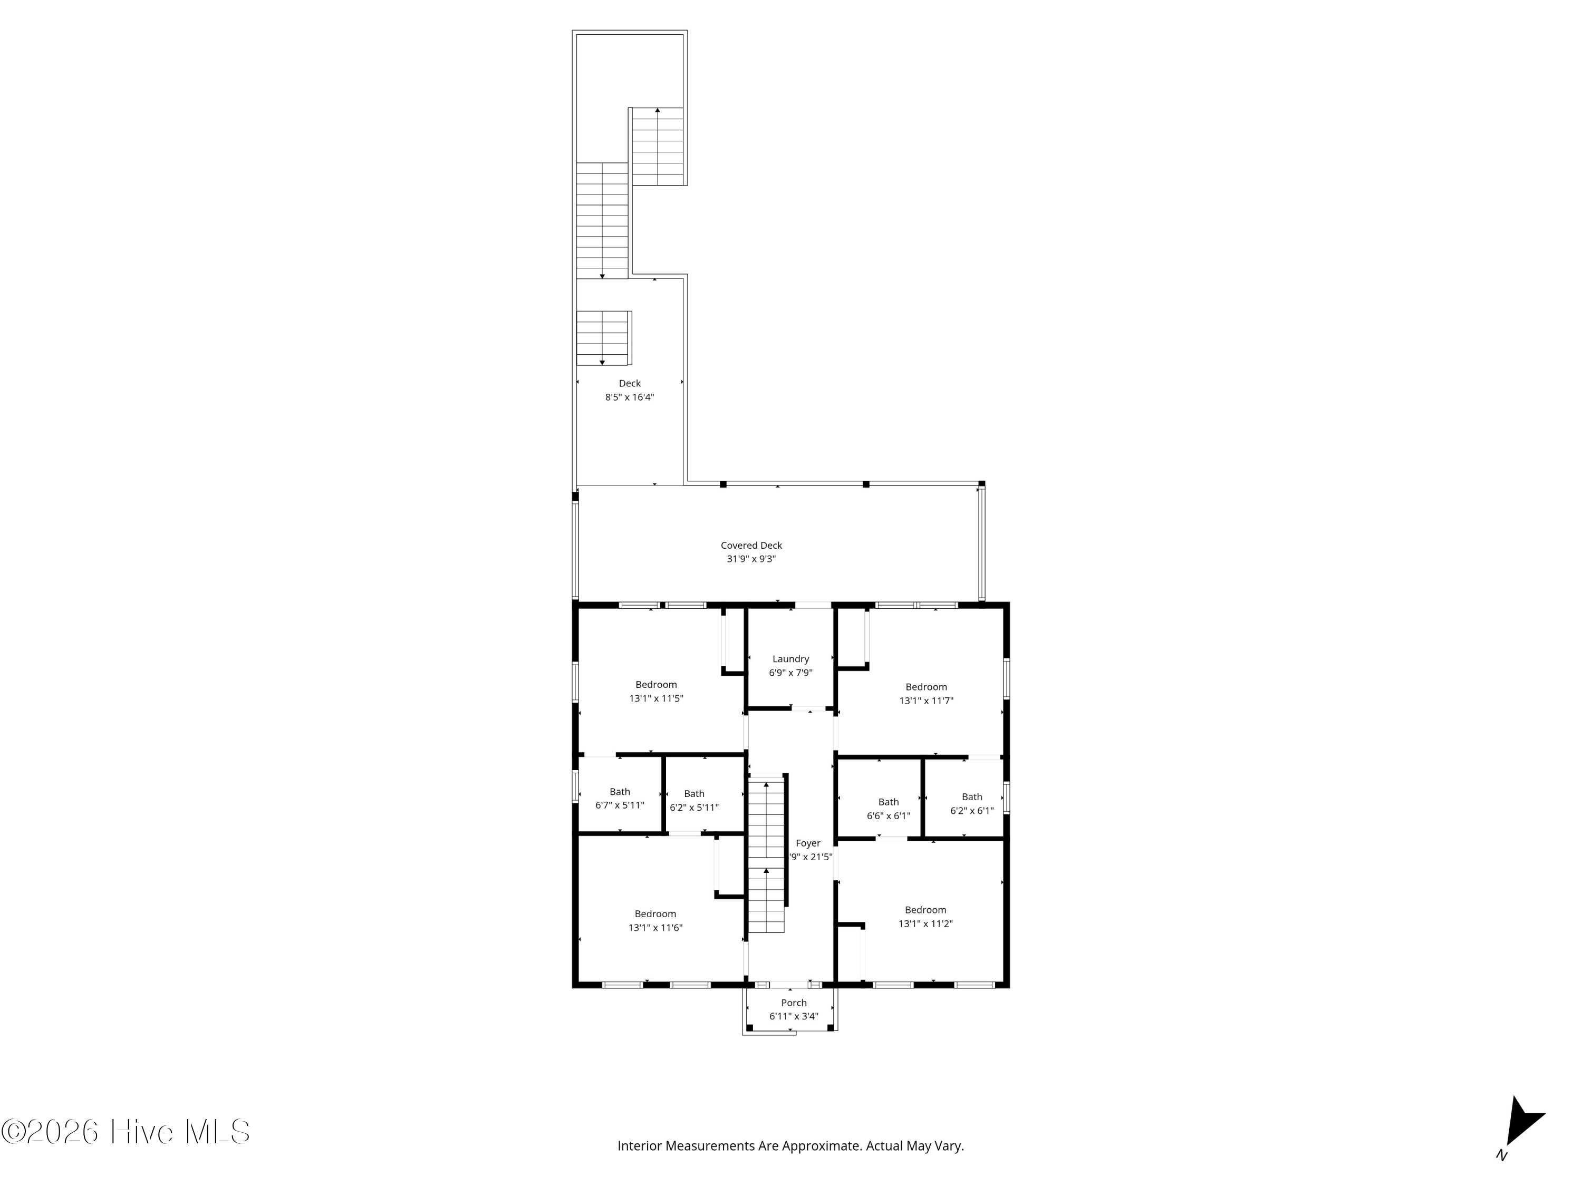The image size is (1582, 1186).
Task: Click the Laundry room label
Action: [x=790, y=659]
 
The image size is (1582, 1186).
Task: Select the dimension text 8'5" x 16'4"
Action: [x=629, y=397]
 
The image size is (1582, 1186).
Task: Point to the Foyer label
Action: [x=808, y=843]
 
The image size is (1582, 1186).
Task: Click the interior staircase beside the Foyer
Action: [x=766, y=855]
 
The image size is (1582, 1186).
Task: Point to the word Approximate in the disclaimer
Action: [x=821, y=1146]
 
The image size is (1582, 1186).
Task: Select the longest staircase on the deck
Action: [x=602, y=220]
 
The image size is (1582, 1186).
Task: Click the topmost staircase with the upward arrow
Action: [x=657, y=146]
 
